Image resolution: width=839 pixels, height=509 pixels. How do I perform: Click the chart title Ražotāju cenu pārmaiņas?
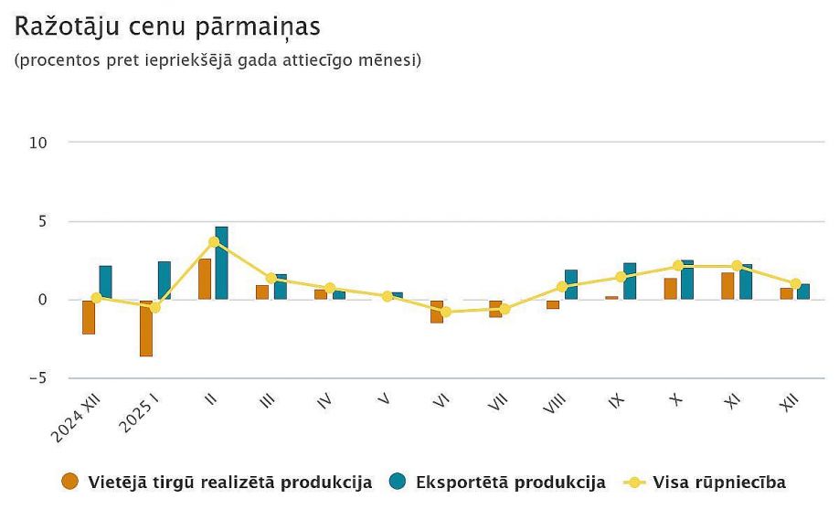tap(167, 27)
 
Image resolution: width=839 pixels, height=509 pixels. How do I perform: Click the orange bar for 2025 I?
tap(146, 328)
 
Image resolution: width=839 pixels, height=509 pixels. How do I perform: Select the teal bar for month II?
tap(222, 263)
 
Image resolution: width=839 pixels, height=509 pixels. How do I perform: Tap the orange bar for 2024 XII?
tap(89, 317)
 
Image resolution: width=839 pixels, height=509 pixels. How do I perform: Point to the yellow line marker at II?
tap(214, 242)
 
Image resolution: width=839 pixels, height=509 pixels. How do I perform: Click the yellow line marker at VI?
tap(446, 312)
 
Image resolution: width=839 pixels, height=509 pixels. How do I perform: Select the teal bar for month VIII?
tap(571, 285)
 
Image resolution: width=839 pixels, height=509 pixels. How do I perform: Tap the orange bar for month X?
tap(671, 289)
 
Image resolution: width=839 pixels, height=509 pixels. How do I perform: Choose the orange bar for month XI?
tap(727, 286)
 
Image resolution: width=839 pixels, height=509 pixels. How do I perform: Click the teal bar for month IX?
tap(630, 281)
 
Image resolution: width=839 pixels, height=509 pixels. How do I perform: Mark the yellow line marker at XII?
tap(795, 284)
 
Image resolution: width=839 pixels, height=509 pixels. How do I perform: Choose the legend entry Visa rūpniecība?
tap(718, 482)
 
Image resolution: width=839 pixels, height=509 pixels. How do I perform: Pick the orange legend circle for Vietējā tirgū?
tap(69, 482)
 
